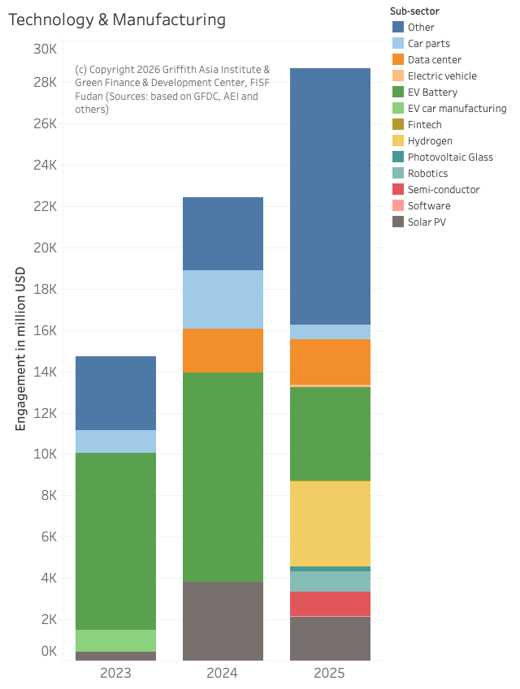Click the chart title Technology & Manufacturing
tap(117, 19)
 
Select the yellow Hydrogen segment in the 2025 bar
tap(330, 523)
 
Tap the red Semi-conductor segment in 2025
tap(330, 604)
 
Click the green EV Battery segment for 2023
tap(115, 540)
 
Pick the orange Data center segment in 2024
tap(223, 351)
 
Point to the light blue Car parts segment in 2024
tap(223, 299)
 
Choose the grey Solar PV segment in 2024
tap(223, 621)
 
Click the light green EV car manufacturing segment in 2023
tap(115, 640)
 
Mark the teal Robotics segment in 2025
tap(330, 581)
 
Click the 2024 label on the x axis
tap(223, 674)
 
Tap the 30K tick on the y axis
tap(45, 50)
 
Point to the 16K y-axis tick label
tap(45, 330)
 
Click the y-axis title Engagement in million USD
tap(21, 349)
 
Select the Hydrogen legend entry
tap(430, 140)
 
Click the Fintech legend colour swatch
tap(397, 124)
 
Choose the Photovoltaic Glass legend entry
tap(449, 157)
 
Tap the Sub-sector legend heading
tap(414, 11)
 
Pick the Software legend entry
tap(429, 205)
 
